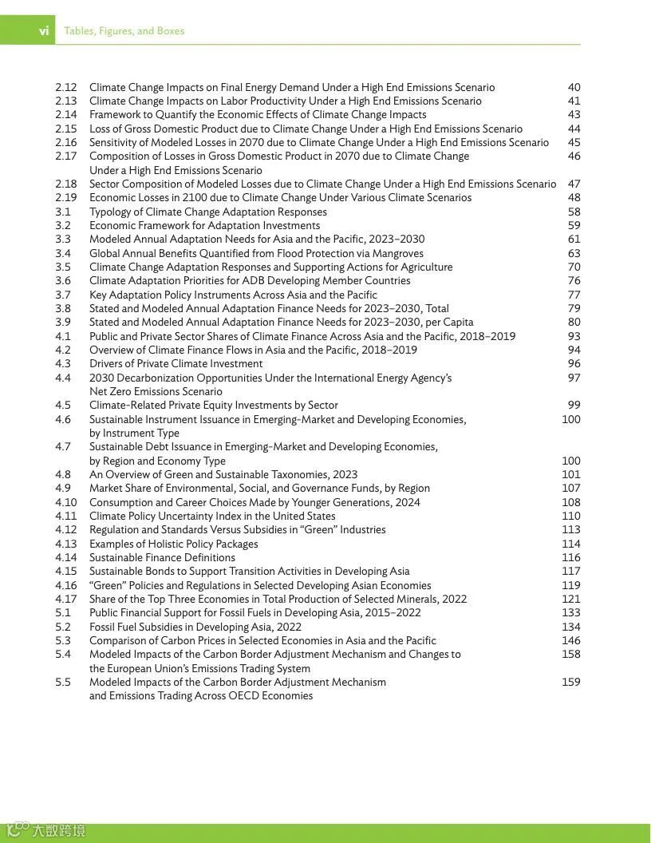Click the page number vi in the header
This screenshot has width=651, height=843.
44,31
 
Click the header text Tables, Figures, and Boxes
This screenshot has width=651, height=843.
124,31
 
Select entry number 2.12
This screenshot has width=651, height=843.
66,87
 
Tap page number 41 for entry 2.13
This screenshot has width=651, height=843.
574,101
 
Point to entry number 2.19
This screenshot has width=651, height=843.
66,198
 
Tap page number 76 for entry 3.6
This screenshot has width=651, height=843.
574,281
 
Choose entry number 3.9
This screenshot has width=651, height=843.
63,323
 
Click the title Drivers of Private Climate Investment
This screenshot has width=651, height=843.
176,364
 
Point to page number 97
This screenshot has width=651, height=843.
574,378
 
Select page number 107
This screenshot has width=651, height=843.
570,489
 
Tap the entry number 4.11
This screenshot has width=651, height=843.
66,516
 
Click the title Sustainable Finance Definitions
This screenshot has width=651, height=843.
162,557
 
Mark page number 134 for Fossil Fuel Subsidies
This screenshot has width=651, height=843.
570,627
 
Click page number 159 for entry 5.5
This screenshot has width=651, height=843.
570,682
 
